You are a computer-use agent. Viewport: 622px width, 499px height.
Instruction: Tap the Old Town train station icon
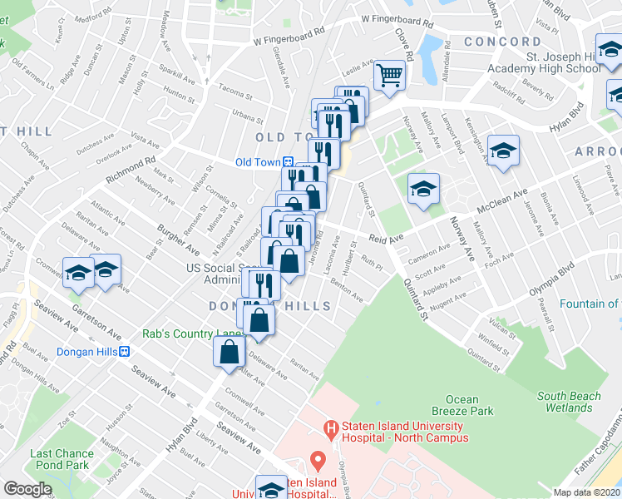(287, 162)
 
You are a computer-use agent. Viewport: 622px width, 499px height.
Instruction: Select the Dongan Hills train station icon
(125, 351)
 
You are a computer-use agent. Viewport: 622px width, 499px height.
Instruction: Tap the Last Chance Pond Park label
(60, 459)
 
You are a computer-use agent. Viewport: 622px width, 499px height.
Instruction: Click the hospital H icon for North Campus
(332, 430)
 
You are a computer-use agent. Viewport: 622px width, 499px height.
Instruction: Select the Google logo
(27, 489)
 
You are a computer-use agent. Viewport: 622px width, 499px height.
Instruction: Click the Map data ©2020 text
(587, 492)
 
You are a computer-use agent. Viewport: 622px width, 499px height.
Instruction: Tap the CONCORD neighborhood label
(503, 42)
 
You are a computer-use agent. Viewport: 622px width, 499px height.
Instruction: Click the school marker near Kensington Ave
(503, 151)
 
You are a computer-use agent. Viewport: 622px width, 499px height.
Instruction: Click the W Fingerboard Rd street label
(397, 22)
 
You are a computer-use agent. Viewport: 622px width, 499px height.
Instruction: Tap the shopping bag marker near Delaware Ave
(230, 351)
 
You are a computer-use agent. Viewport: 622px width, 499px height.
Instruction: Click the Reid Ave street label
(386, 239)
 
